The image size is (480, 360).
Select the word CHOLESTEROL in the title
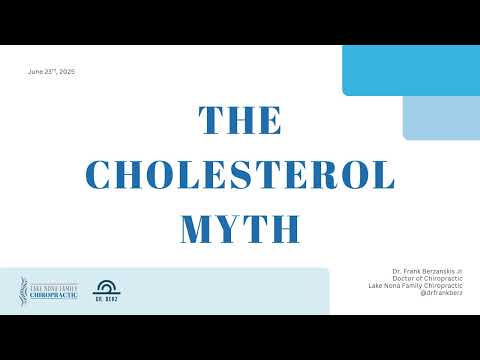[240, 175]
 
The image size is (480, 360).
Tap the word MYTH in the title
[240, 228]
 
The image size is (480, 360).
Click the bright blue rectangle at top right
[410, 70]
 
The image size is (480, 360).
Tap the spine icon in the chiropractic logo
[23, 289]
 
